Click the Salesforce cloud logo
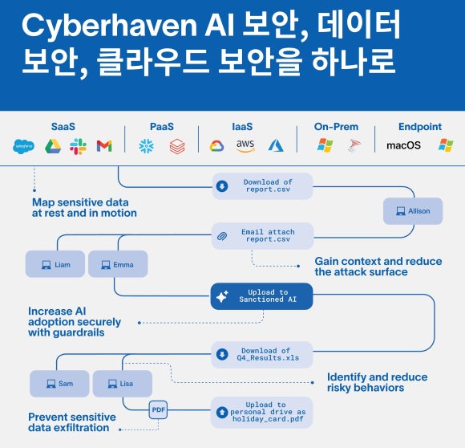point(23,146)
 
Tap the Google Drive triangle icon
point(53,146)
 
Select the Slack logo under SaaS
point(79,146)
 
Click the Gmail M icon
point(104,146)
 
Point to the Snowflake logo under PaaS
point(147,146)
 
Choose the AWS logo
point(245,146)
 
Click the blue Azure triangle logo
point(276,146)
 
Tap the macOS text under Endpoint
point(403,145)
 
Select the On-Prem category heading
point(336,127)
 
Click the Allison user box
point(413,211)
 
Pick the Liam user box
point(55,264)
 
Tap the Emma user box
point(118,264)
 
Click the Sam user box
point(59,384)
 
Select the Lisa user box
point(123,384)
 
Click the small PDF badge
point(158,409)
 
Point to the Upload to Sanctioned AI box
point(261,296)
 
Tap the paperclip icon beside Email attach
point(222,236)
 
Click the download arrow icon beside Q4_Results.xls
point(222,354)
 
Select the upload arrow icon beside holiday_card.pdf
point(222,412)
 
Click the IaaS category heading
point(242,127)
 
